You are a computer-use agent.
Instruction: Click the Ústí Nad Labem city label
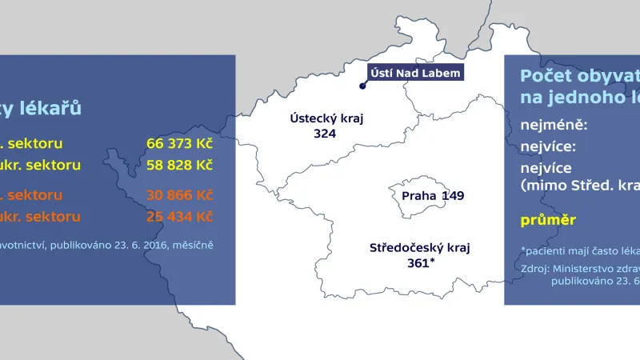coord(416,74)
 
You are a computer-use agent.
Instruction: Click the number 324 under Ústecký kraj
coord(324,134)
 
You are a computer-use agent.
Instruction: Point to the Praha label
coord(419,195)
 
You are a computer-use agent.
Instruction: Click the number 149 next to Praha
coord(452,195)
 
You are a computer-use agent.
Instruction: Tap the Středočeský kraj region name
coord(420,247)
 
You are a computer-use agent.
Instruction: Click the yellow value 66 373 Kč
coord(180,143)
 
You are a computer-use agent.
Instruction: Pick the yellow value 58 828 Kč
coord(180,165)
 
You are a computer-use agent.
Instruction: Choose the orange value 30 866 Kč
coord(180,194)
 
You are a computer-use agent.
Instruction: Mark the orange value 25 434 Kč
coord(180,216)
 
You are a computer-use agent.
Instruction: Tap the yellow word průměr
coord(548,219)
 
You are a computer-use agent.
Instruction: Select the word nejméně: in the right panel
coord(554,126)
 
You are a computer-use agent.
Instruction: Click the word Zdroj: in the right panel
coord(534,268)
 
